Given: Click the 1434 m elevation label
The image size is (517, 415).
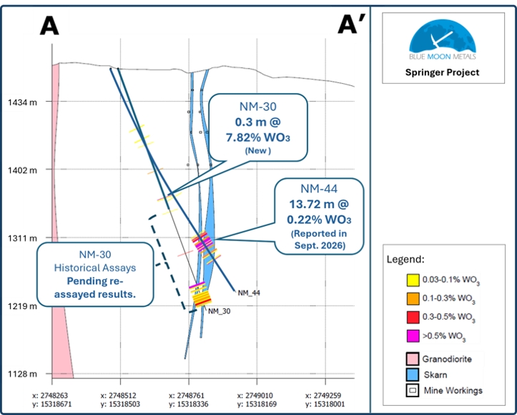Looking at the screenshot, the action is (22, 102).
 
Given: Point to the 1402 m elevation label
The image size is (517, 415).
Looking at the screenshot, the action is (22, 170).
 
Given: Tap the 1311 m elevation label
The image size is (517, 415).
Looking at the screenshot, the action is (22, 238).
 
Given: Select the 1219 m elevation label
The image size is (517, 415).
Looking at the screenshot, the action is (22, 306).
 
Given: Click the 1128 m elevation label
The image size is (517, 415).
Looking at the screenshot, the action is (22, 374).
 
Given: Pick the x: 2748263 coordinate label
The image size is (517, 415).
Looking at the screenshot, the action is (51, 396).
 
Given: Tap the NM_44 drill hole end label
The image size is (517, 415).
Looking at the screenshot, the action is (249, 293).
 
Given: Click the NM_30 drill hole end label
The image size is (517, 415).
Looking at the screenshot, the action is (220, 311).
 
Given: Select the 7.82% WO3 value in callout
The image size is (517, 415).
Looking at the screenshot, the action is (258, 137).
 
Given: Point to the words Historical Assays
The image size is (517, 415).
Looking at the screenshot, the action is (95, 268).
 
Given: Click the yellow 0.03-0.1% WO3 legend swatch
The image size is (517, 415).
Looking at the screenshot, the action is (413, 280).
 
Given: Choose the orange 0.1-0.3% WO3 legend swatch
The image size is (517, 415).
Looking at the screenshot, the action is (413, 298).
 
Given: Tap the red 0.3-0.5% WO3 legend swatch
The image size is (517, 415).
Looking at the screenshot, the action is (413, 317).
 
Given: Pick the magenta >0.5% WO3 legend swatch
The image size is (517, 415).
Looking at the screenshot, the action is (413, 336).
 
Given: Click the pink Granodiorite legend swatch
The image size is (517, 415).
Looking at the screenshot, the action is (413, 359).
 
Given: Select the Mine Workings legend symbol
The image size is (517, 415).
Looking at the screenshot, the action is (413, 391).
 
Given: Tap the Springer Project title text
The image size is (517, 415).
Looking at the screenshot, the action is (442, 72).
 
